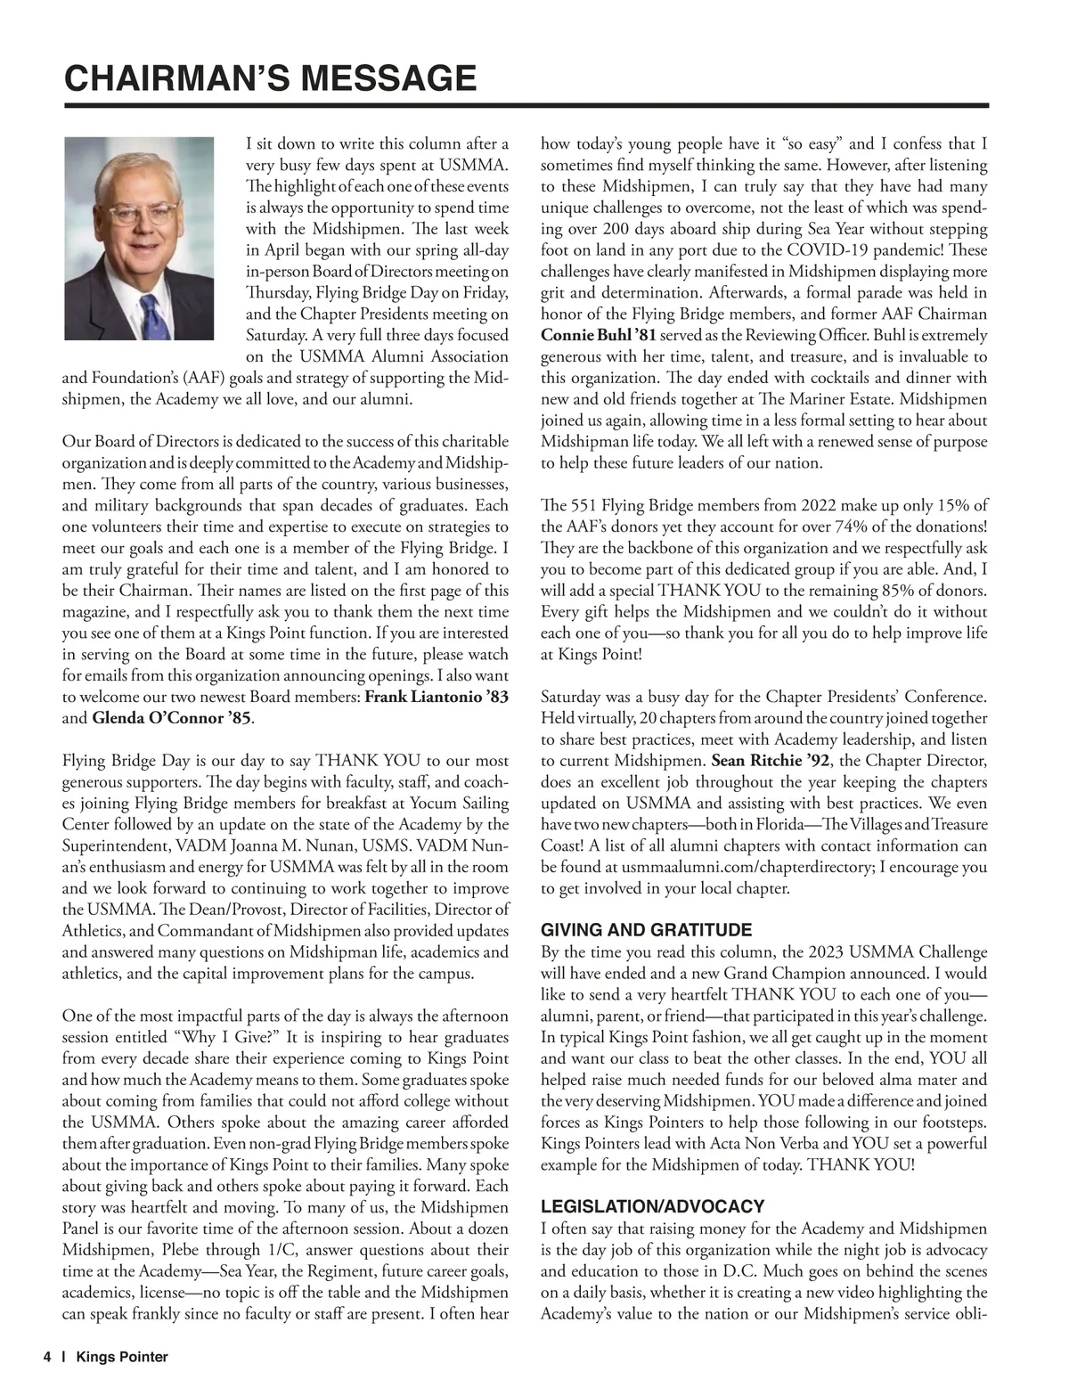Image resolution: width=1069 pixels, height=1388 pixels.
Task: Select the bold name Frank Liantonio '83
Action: click(437, 697)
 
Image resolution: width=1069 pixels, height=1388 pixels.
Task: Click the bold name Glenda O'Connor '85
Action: click(171, 718)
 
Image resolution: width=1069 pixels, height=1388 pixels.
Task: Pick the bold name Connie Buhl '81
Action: click(598, 336)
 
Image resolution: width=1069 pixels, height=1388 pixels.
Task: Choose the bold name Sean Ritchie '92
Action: click(771, 761)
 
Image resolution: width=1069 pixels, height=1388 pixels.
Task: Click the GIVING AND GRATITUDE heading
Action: click(646, 930)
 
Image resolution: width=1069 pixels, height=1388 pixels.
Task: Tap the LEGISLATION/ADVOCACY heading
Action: click(652, 1207)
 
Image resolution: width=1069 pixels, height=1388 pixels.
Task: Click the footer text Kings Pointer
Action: click(122, 1357)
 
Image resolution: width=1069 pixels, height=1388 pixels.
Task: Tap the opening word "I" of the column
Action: click(249, 144)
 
